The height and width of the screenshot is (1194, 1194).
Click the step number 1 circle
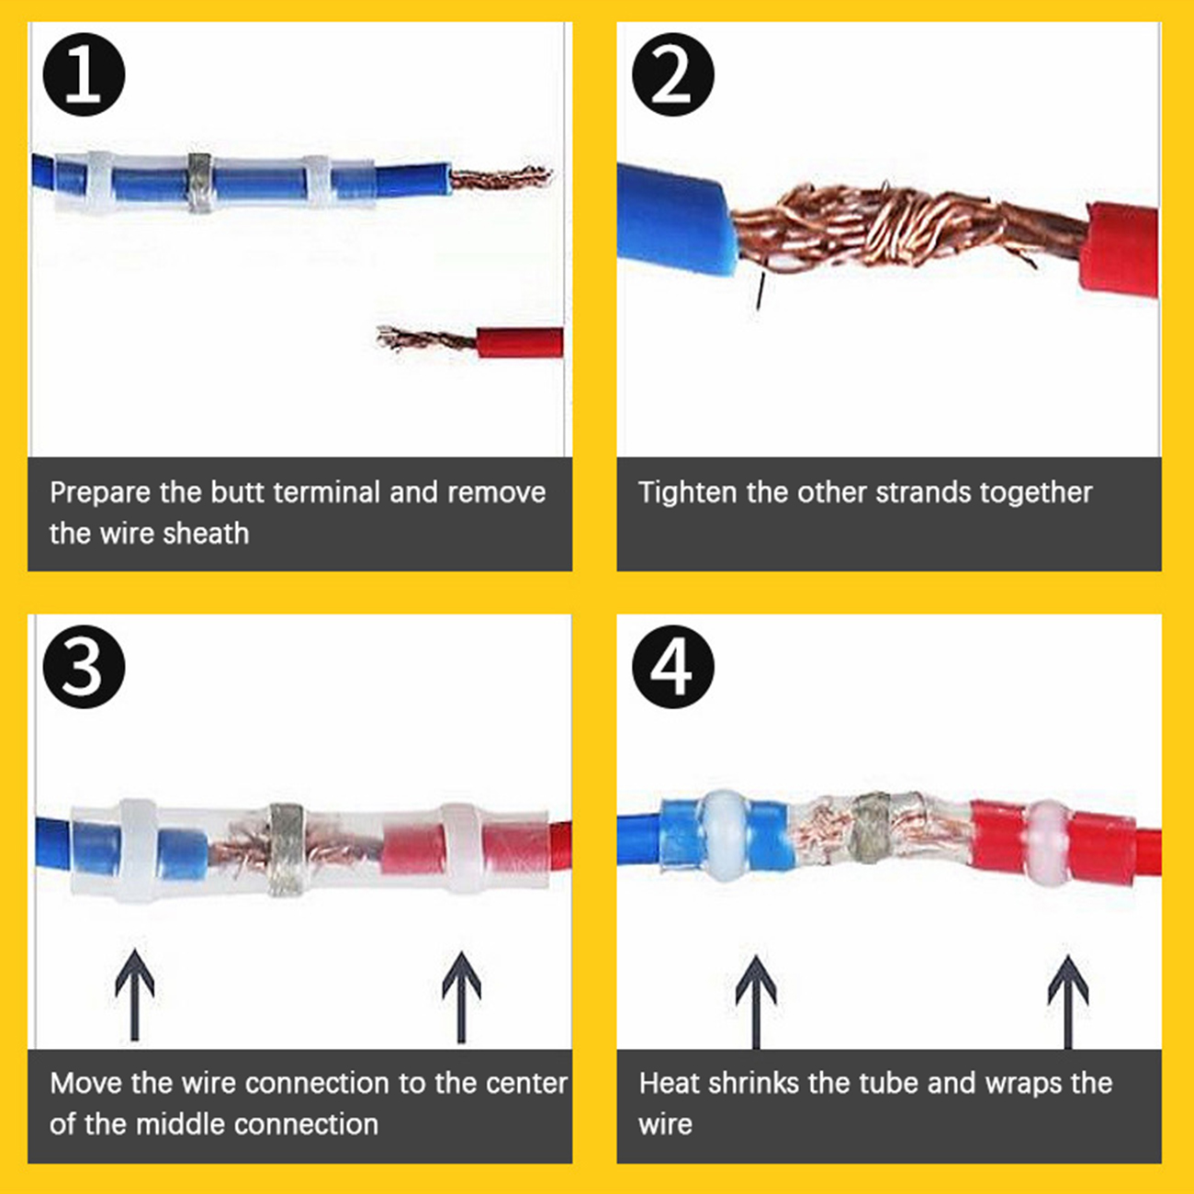pos(84,75)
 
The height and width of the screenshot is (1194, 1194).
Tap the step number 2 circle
pos(673,75)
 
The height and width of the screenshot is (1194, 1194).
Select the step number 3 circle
pos(84,668)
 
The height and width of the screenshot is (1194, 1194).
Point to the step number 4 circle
pos(673,668)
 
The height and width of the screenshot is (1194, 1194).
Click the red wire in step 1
pos(519,343)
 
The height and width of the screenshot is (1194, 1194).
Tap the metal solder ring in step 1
pos(199,183)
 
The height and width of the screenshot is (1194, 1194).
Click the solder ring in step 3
pos(287,850)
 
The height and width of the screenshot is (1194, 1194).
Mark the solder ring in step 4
pos(873,828)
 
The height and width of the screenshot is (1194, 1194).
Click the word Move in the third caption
pos(86,1083)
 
